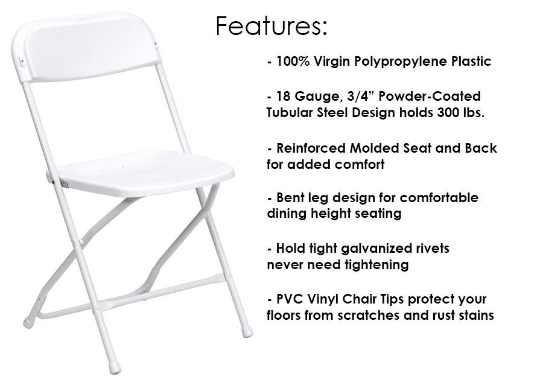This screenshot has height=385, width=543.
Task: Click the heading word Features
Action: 271,25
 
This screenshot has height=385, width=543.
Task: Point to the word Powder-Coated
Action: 430,96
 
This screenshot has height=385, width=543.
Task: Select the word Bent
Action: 289,198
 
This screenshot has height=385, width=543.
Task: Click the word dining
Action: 287,214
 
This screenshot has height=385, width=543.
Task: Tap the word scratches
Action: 369,315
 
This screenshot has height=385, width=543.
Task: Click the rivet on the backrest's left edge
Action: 23,62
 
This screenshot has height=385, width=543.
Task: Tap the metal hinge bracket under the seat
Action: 64,184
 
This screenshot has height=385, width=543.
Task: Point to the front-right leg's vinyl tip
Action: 247,331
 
